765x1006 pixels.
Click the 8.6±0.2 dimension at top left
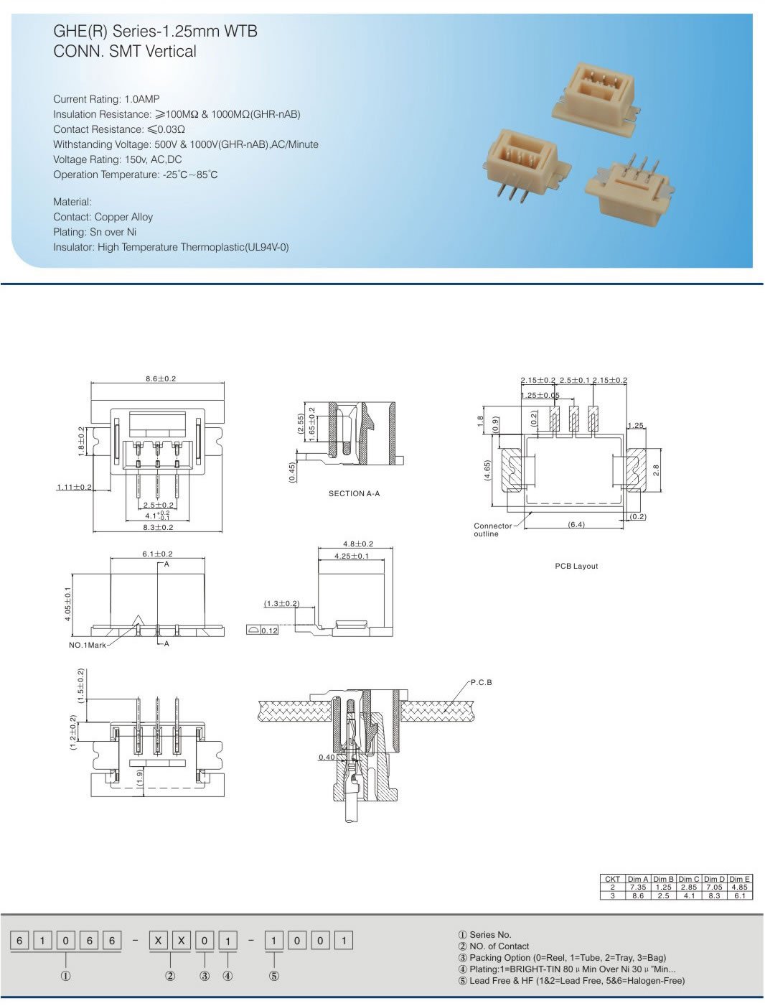(161, 378)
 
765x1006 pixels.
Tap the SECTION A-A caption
(354, 493)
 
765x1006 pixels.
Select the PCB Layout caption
(576, 566)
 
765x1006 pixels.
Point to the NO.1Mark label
(88, 645)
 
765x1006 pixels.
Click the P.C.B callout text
(481, 682)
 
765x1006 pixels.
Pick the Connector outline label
(492, 530)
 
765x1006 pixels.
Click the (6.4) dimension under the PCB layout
(576, 524)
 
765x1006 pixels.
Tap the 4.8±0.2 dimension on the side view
(358, 544)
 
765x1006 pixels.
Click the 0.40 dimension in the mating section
(327, 757)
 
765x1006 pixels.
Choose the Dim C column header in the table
(688, 879)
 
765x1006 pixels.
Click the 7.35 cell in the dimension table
(637, 888)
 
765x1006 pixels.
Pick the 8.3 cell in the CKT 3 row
(714, 895)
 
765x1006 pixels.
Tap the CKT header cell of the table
(612, 879)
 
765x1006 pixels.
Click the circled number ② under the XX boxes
(170, 976)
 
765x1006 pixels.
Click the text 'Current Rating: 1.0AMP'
(106, 99)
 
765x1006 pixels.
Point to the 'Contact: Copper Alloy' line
(103, 217)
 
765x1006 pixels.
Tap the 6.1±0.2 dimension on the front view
(157, 554)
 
